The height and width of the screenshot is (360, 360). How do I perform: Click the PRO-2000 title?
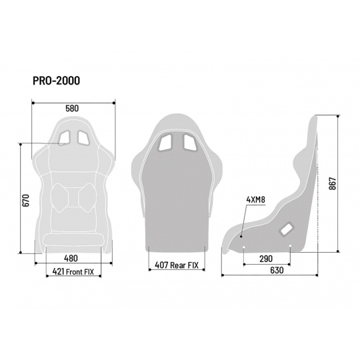point(57,81)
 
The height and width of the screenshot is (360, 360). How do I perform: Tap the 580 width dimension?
point(72,109)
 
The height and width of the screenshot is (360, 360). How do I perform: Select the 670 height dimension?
point(26,200)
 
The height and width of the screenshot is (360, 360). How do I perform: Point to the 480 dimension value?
point(71,258)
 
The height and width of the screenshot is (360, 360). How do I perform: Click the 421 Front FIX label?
point(73,271)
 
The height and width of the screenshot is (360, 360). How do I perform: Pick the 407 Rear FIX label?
point(177,265)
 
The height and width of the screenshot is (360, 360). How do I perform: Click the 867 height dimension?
point(332,183)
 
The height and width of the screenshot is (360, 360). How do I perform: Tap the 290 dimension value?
point(266,259)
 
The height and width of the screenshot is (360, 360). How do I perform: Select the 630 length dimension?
point(277,270)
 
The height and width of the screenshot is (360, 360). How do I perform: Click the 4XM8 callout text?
point(256,200)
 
